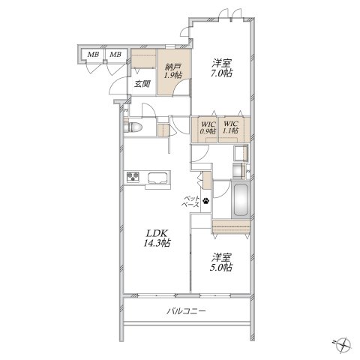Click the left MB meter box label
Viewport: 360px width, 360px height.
point(93,54)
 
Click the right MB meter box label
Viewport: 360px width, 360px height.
point(115,54)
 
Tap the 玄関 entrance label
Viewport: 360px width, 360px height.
point(142,84)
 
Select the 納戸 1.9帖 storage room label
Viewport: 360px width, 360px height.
point(172,71)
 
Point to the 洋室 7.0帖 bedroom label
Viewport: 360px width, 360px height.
point(222,68)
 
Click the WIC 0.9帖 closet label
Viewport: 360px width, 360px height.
point(208,127)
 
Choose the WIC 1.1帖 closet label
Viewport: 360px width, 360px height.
point(230,127)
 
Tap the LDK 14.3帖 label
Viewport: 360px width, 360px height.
point(157,238)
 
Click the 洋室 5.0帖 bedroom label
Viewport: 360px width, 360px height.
point(221,262)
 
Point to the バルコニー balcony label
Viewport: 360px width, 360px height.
point(186,311)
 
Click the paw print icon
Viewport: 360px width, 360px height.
point(205,200)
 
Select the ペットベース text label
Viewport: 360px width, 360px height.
point(191,202)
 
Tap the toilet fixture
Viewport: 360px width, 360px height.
point(133,127)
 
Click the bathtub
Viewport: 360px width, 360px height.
point(241,200)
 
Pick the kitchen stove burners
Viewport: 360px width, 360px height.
point(133,177)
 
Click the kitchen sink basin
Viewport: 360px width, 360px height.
point(157,178)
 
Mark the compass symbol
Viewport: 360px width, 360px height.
point(343,344)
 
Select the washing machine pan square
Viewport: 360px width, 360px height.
point(241,153)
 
